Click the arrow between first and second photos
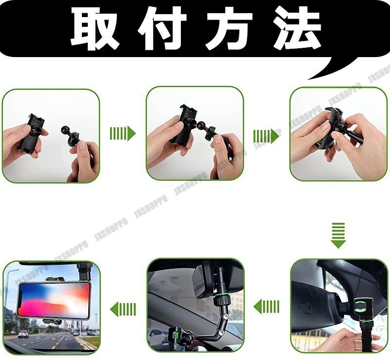tap(122, 133)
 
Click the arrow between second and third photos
tap(266, 136)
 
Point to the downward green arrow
tap(338, 235)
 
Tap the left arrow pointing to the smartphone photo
tap(123, 309)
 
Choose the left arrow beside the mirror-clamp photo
tap(267, 306)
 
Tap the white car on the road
tap(23, 334)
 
